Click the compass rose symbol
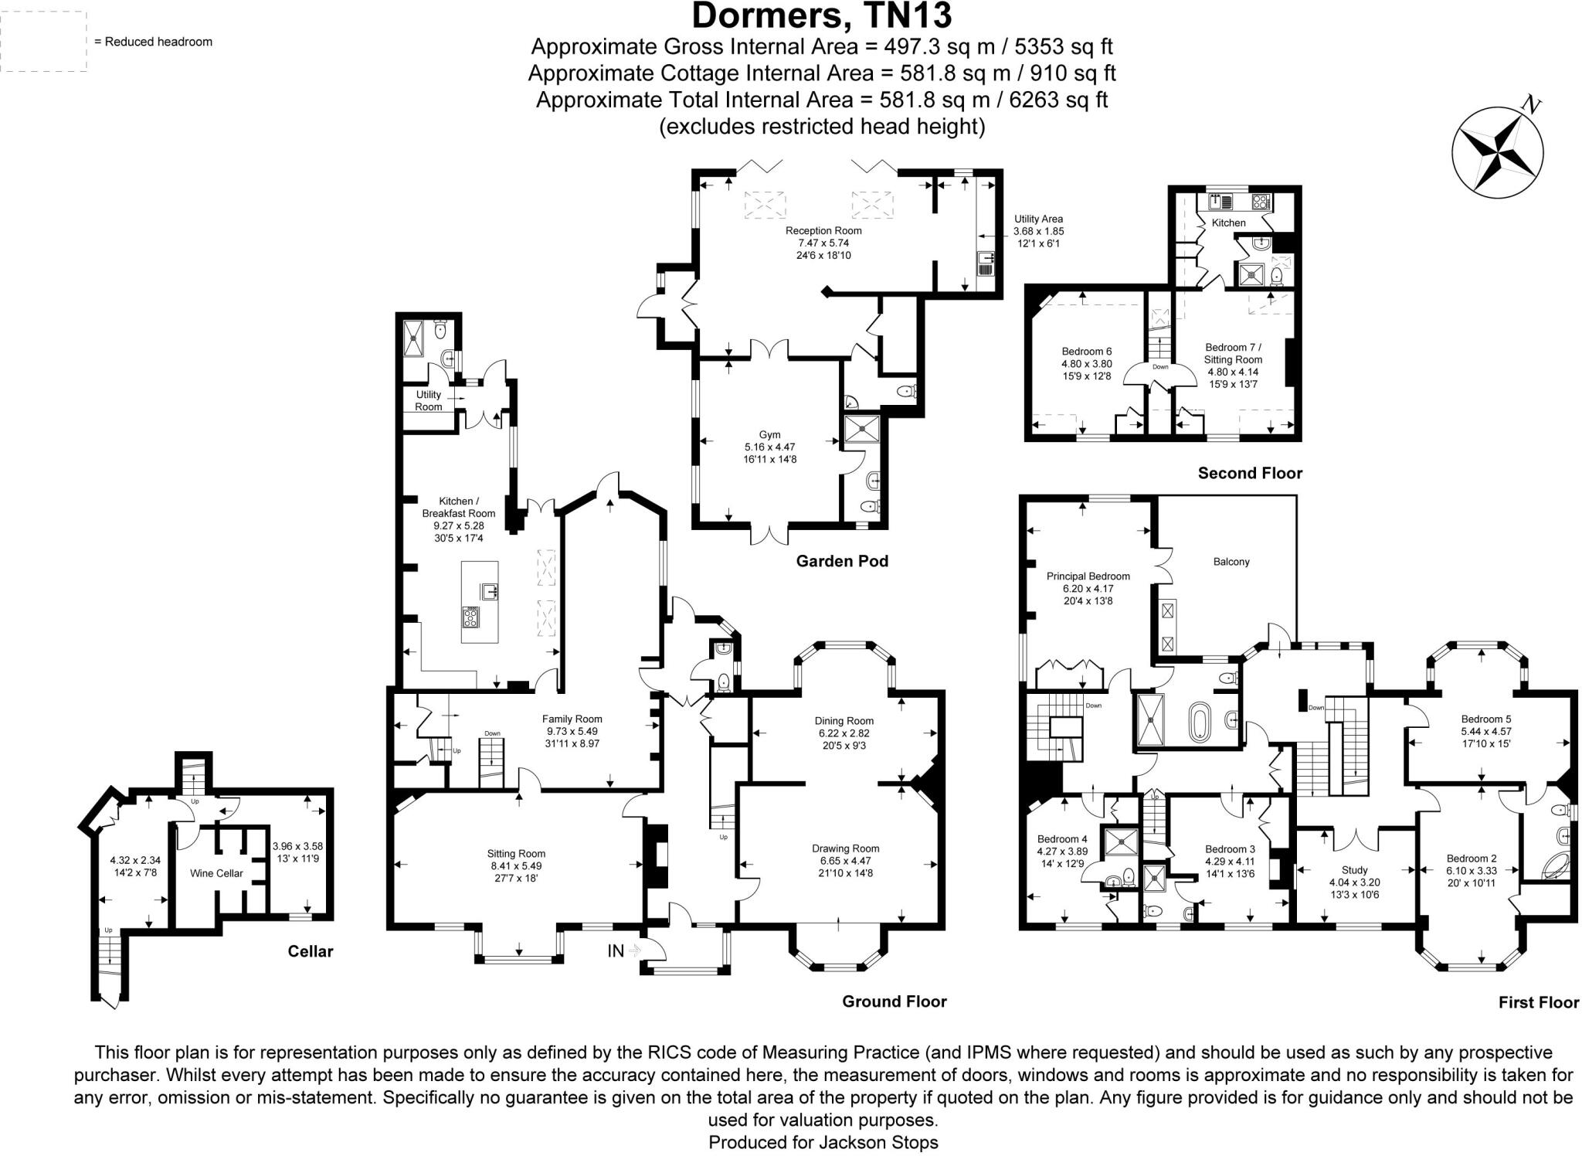[x=1498, y=152]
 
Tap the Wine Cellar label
[x=216, y=873]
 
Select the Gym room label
[x=769, y=435]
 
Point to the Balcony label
[x=1231, y=562]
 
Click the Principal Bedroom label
[x=1088, y=576]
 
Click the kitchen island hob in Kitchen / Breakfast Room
[x=470, y=617]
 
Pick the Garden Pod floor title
[x=842, y=561]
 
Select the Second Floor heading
[x=1249, y=473]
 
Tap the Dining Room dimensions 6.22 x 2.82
[x=844, y=733]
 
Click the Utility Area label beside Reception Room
[x=1038, y=219]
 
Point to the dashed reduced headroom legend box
[x=43, y=42]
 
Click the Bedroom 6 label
[x=1086, y=352]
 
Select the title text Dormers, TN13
[x=822, y=15]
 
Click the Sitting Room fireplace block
[x=656, y=856]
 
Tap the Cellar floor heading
[x=310, y=951]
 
